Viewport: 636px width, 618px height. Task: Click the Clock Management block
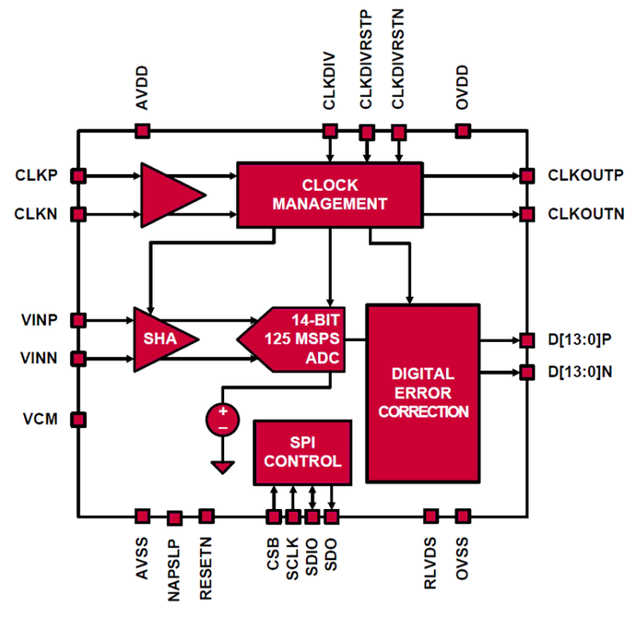tap(329, 194)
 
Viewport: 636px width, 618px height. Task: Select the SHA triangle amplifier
tap(159, 339)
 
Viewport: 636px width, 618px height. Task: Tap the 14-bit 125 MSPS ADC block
tap(298, 338)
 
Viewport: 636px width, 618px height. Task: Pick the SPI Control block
tap(303, 451)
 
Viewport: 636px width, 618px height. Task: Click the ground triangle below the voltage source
tap(223, 466)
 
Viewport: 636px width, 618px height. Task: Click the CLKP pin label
tap(37, 176)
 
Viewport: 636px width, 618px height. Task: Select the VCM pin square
tap(78, 419)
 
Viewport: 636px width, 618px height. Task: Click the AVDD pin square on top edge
tap(142, 131)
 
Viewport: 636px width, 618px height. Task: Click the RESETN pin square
tap(206, 516)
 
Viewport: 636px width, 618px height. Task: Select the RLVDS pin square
tap(431, 516)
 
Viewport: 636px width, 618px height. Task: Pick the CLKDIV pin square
tap(330, 131)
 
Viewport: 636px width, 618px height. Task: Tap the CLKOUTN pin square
tap(527, 213)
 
